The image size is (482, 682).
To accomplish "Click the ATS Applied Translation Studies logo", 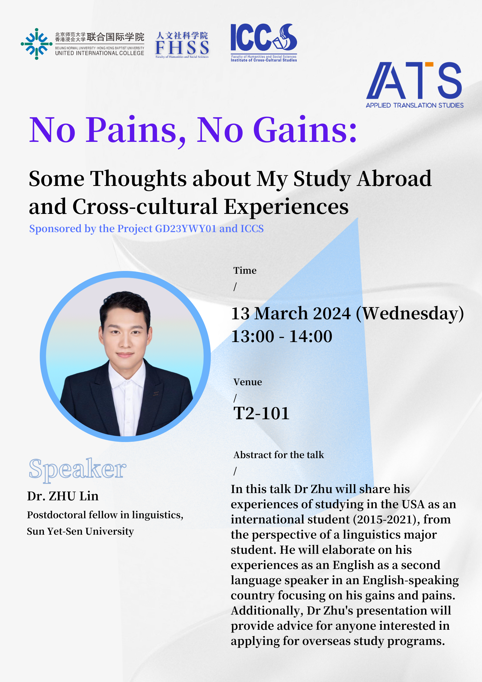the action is (415, 85).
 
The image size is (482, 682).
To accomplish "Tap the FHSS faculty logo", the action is (182, 45).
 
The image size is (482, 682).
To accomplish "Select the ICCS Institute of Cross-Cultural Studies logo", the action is (264, 43).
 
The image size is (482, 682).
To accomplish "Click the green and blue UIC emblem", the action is (36, 44).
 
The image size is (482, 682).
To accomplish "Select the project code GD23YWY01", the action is (186, 228).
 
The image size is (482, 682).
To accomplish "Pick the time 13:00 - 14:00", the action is (282, 336).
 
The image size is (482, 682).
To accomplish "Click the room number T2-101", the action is (261, 413).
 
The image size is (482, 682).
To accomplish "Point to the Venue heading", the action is (248, 382).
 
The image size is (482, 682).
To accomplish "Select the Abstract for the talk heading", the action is (279, 455).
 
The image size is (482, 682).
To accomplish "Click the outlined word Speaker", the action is (77, 469).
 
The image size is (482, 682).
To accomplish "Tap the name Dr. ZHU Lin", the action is (63, 496).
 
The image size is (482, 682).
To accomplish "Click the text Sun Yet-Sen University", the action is (80, 531).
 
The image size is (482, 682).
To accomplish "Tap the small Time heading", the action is (245, 270).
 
